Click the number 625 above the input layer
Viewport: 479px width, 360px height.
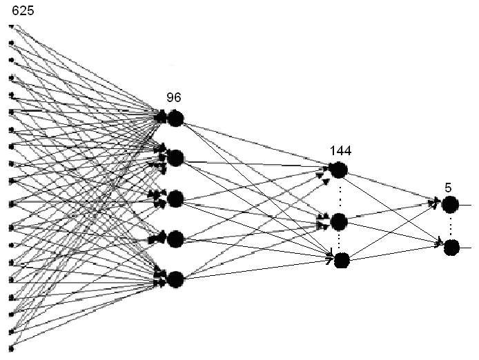point(23,10)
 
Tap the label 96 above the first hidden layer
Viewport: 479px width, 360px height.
point(174,98)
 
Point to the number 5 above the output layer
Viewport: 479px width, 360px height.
point(448,186)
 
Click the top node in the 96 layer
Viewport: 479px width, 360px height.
point(175,119)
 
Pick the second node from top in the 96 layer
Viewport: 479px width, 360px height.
point(175,158)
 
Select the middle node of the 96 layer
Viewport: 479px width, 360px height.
point(175,199)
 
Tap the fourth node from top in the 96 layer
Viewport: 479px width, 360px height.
point(175,239)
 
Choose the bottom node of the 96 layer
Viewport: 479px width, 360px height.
point(175,279)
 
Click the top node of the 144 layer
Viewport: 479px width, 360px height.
point(338,170)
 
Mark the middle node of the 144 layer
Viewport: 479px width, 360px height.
point(338,221)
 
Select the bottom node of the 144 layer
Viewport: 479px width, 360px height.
point(342,261)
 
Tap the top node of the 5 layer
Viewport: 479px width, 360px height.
point(450,204)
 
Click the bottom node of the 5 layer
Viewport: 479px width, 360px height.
point(451,247)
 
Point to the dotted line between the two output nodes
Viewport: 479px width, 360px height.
point(451,226)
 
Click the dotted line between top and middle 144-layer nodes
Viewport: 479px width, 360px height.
point(339,195)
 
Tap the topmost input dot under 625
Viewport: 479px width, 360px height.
point(11,27)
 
